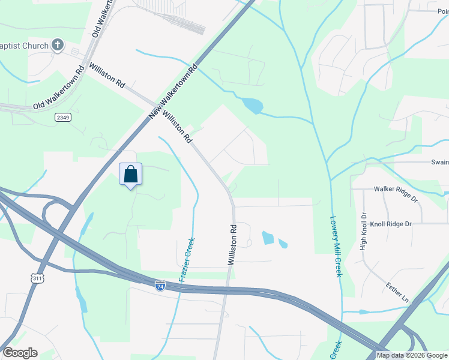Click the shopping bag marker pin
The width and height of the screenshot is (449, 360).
[130, 175]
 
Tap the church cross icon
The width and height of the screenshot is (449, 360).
[58, 44]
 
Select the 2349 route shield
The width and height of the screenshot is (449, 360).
[62, 117]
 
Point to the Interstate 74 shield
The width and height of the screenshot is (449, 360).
[160, 286]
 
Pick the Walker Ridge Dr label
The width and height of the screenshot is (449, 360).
[396, 193]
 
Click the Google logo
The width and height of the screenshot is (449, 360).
[20, 353]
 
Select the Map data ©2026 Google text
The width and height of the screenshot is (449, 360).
[412, 355]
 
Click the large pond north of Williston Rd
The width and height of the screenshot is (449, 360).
[252, 106]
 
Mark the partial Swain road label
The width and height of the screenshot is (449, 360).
[439, 163]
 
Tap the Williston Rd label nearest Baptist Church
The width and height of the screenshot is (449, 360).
[107, 76]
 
